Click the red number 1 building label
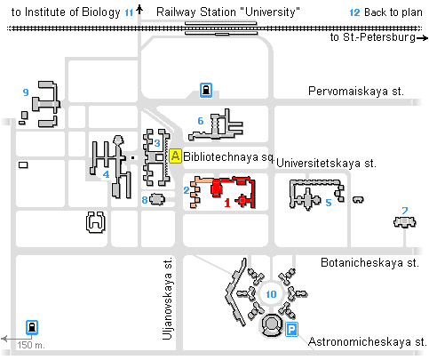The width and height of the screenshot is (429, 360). tap(227, 203)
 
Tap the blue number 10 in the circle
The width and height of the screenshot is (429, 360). tap(271, 294)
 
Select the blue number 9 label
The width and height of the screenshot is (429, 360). tap(26, 92)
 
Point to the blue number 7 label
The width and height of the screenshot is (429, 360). tap(405, 211)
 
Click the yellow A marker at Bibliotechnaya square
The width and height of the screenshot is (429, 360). tap(175, 156)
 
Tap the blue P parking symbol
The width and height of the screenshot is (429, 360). tap(291, 330)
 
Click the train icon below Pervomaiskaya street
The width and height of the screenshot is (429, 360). tap(206, 90)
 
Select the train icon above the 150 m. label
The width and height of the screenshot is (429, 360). tap(32, 327)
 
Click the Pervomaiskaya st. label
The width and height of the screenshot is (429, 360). tap(356, 91)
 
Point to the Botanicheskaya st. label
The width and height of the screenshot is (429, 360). tap(369, 263)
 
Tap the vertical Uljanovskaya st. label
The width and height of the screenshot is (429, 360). tap(167, 300)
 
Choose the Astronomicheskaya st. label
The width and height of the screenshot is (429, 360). tap(368, 341)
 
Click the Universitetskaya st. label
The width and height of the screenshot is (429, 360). tap(326, 164)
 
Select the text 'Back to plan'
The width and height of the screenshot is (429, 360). tap(393, 12)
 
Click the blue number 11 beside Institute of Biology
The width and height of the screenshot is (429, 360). tap(129, 13)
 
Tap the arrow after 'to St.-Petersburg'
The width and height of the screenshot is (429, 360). tap(423, 38)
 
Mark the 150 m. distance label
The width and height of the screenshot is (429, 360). tap(31, 345)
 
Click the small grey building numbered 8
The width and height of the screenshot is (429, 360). tap(157, 199)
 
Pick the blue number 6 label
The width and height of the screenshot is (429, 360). tap(201, 121)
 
